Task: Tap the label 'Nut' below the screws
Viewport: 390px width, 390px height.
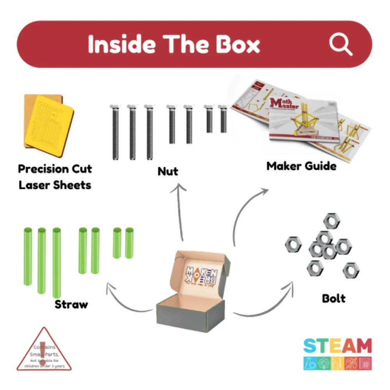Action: coord(168,172)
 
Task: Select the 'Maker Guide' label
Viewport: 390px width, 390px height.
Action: coord(301,166)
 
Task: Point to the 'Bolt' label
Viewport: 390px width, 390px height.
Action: coord(333,299)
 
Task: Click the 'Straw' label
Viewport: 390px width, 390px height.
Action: coord(71,304)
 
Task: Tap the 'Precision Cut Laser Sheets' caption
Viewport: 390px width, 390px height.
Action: coord(55,177)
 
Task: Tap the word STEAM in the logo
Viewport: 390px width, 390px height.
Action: coord(337,346)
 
